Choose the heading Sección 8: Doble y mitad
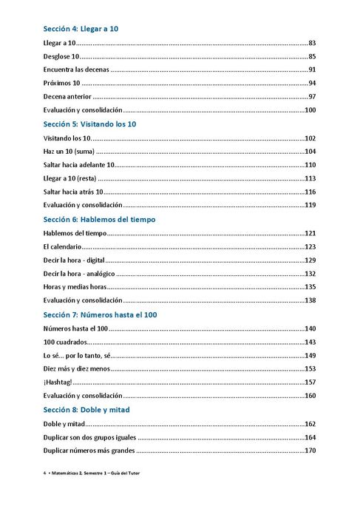coord(86,410)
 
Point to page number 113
coord(310,178)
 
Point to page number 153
coord(310,368)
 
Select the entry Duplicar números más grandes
coord(89,451)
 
